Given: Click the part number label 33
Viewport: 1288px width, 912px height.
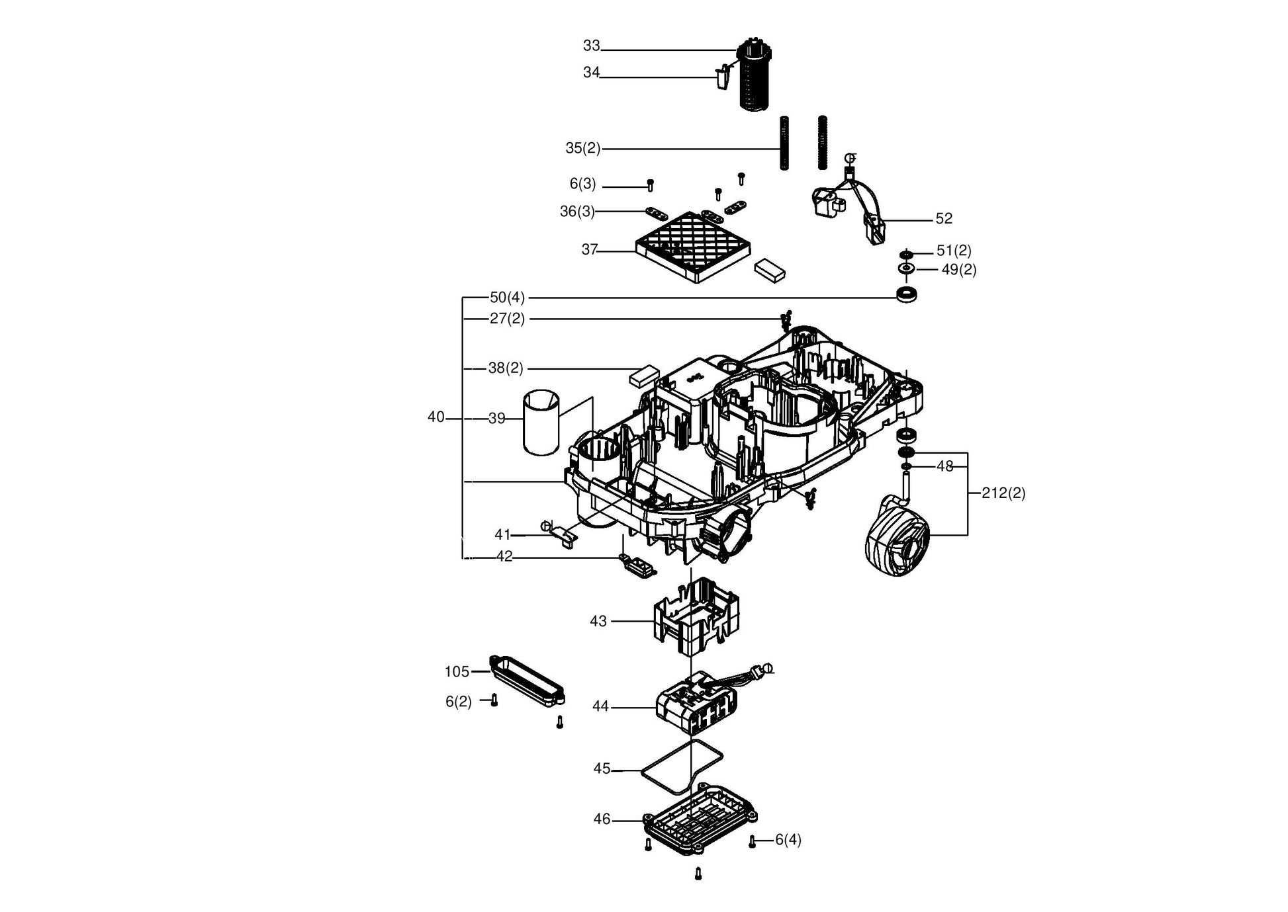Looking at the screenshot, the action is point(591,46).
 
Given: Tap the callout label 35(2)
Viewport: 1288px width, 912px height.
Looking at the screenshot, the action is point(582,148).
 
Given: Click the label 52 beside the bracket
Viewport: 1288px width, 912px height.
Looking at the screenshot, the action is point(944,218).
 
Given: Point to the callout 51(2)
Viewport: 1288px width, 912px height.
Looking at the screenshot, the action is point(954,251).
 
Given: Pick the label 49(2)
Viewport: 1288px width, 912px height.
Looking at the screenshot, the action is point(959,270).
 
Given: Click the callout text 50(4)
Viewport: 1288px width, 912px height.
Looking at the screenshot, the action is point(507,298).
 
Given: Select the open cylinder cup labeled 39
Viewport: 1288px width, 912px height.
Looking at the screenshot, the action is point(541,423).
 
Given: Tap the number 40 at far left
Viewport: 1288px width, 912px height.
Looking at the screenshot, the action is point(436,417).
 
